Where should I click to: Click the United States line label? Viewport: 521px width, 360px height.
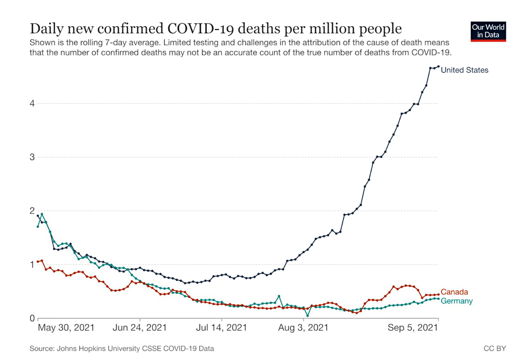[464, 70]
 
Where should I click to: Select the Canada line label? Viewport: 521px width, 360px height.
[454, 292]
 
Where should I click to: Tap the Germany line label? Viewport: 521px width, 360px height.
[456, 301]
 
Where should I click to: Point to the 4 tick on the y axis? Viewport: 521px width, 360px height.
[32, 104]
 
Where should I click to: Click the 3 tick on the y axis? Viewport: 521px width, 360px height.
[32, 157]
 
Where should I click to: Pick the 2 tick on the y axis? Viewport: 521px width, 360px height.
[32, 211]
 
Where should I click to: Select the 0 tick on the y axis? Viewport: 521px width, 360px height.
[32, 318]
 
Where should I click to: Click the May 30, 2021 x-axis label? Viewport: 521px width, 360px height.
[66, 328]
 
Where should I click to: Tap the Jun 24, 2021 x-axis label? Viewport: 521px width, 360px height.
[140, 328]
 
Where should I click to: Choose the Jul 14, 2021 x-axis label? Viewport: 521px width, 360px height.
[221, 328]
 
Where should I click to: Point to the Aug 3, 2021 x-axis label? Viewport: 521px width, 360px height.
[303, 328]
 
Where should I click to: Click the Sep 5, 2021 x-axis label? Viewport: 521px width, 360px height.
[413, 328]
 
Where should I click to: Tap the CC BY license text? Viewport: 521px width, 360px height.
[495, 348]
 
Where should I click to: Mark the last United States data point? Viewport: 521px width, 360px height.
[438, 66]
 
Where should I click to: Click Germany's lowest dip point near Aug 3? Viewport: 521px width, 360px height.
[308, 316]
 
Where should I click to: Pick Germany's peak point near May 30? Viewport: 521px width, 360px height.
[42, 214]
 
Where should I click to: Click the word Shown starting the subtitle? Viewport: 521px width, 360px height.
[42, 43]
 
